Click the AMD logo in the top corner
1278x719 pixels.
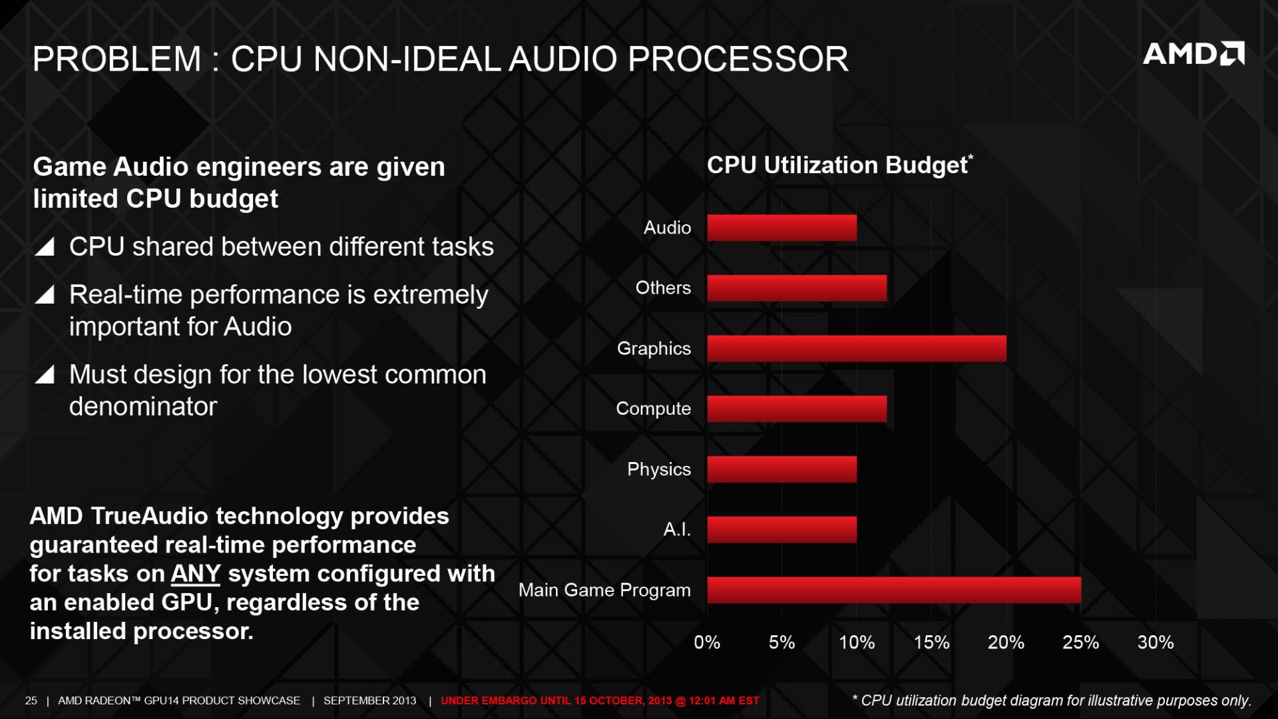pyautogui.click(x=1193, y=54)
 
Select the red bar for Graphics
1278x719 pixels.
pyautogui.click(x=856, y=349)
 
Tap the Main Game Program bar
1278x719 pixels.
pyautogui.click(x=893, y=590)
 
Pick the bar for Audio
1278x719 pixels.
pyautogui.click(x=781, y=228)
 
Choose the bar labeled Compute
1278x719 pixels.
pyautogui.click(x=796, y=409)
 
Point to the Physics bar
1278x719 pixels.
pyautogui.click(x=781, y=469)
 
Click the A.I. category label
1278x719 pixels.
pyautogui.click(x=677, y=530)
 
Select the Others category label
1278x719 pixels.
pyautogui.click(x=663, y=288)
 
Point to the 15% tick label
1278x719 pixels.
pyautogui.click(x=931, y=642)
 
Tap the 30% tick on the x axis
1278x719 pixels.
pyautogui.click(x=1155, y=642)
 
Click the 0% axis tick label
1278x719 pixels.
pyautogui.click(x=707, y=642)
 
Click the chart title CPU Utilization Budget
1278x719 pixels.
pyautogui.click(x=837, y=166)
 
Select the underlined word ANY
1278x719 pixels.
pyautogui.click(x=195, y=574)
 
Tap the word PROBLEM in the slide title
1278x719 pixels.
pyautogui.click(x=116, y=59)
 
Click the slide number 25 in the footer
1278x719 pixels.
pyautogui.click(x=31, y=700)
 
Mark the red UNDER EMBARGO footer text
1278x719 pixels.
pyautogui.click(x=599, y=700)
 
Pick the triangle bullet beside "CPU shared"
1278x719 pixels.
pyautogui.click(x=45, y=247)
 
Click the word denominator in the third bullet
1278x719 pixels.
pyautogui.click(x=143, y=407)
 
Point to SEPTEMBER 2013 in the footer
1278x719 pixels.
pyautogui.click(x=369, y=700)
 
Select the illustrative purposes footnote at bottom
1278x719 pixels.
pyautogui.click(x=1052, y=700)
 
